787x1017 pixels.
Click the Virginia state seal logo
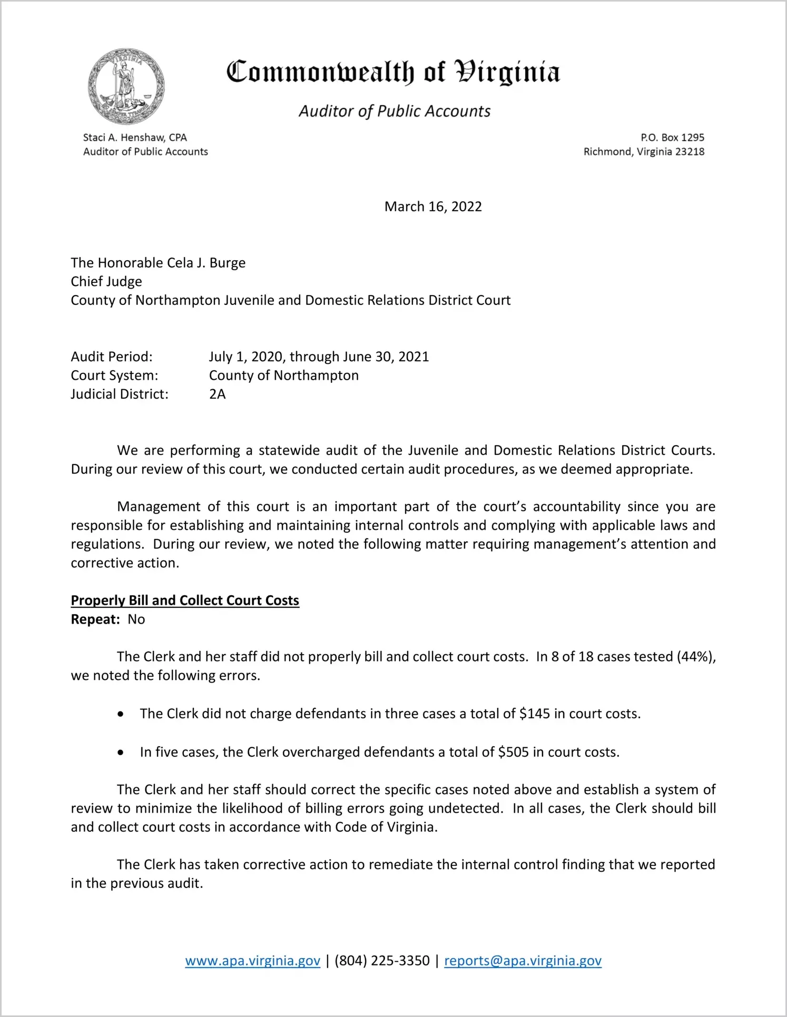[x=126, y=87]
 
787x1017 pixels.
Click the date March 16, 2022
[x=433, y=206]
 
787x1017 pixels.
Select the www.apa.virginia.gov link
[x=252, y=961]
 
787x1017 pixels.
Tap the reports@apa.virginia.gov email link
[x=523, y=961]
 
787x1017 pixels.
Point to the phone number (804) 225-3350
[x=382, y=961]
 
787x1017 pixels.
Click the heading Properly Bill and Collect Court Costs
[x=185, y=600]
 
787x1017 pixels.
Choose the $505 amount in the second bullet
[x=513, y=752]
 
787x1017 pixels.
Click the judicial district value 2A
[x=217, y=394]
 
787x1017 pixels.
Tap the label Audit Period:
[x=112, y=357]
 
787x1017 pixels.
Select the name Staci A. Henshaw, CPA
[x=135, y=137]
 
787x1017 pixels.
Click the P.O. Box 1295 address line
[x=672, y=137]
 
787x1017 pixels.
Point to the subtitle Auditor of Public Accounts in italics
[x=395, y=111]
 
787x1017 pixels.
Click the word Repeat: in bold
[x=95, y=619]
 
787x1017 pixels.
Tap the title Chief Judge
[x=106, y=281]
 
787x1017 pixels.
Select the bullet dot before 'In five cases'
[x=121, y=753]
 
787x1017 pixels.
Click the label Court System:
[x=114, y=376]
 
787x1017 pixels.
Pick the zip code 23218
[x=690, y=152]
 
